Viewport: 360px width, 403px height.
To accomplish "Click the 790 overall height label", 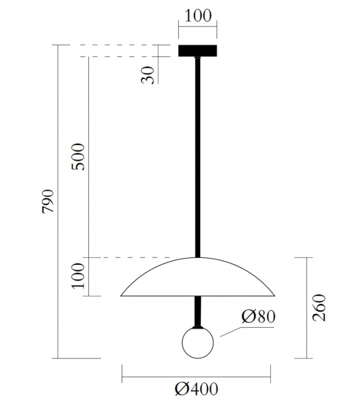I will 48,201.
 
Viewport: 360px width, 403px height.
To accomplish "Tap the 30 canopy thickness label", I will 147,75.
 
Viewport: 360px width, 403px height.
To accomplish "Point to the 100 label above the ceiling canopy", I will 198,16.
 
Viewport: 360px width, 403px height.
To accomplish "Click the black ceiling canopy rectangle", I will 198,51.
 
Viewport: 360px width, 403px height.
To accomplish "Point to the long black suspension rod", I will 198,157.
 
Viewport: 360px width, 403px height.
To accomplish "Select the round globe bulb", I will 198,343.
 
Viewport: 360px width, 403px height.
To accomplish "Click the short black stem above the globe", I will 198,311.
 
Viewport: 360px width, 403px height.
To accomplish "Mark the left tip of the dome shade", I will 122,295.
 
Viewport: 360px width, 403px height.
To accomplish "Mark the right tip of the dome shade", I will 274,295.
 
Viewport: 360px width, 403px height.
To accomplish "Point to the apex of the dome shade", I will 198,257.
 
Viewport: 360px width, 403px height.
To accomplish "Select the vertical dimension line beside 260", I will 306,308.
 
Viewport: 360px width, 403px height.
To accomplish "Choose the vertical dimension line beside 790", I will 58,201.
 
